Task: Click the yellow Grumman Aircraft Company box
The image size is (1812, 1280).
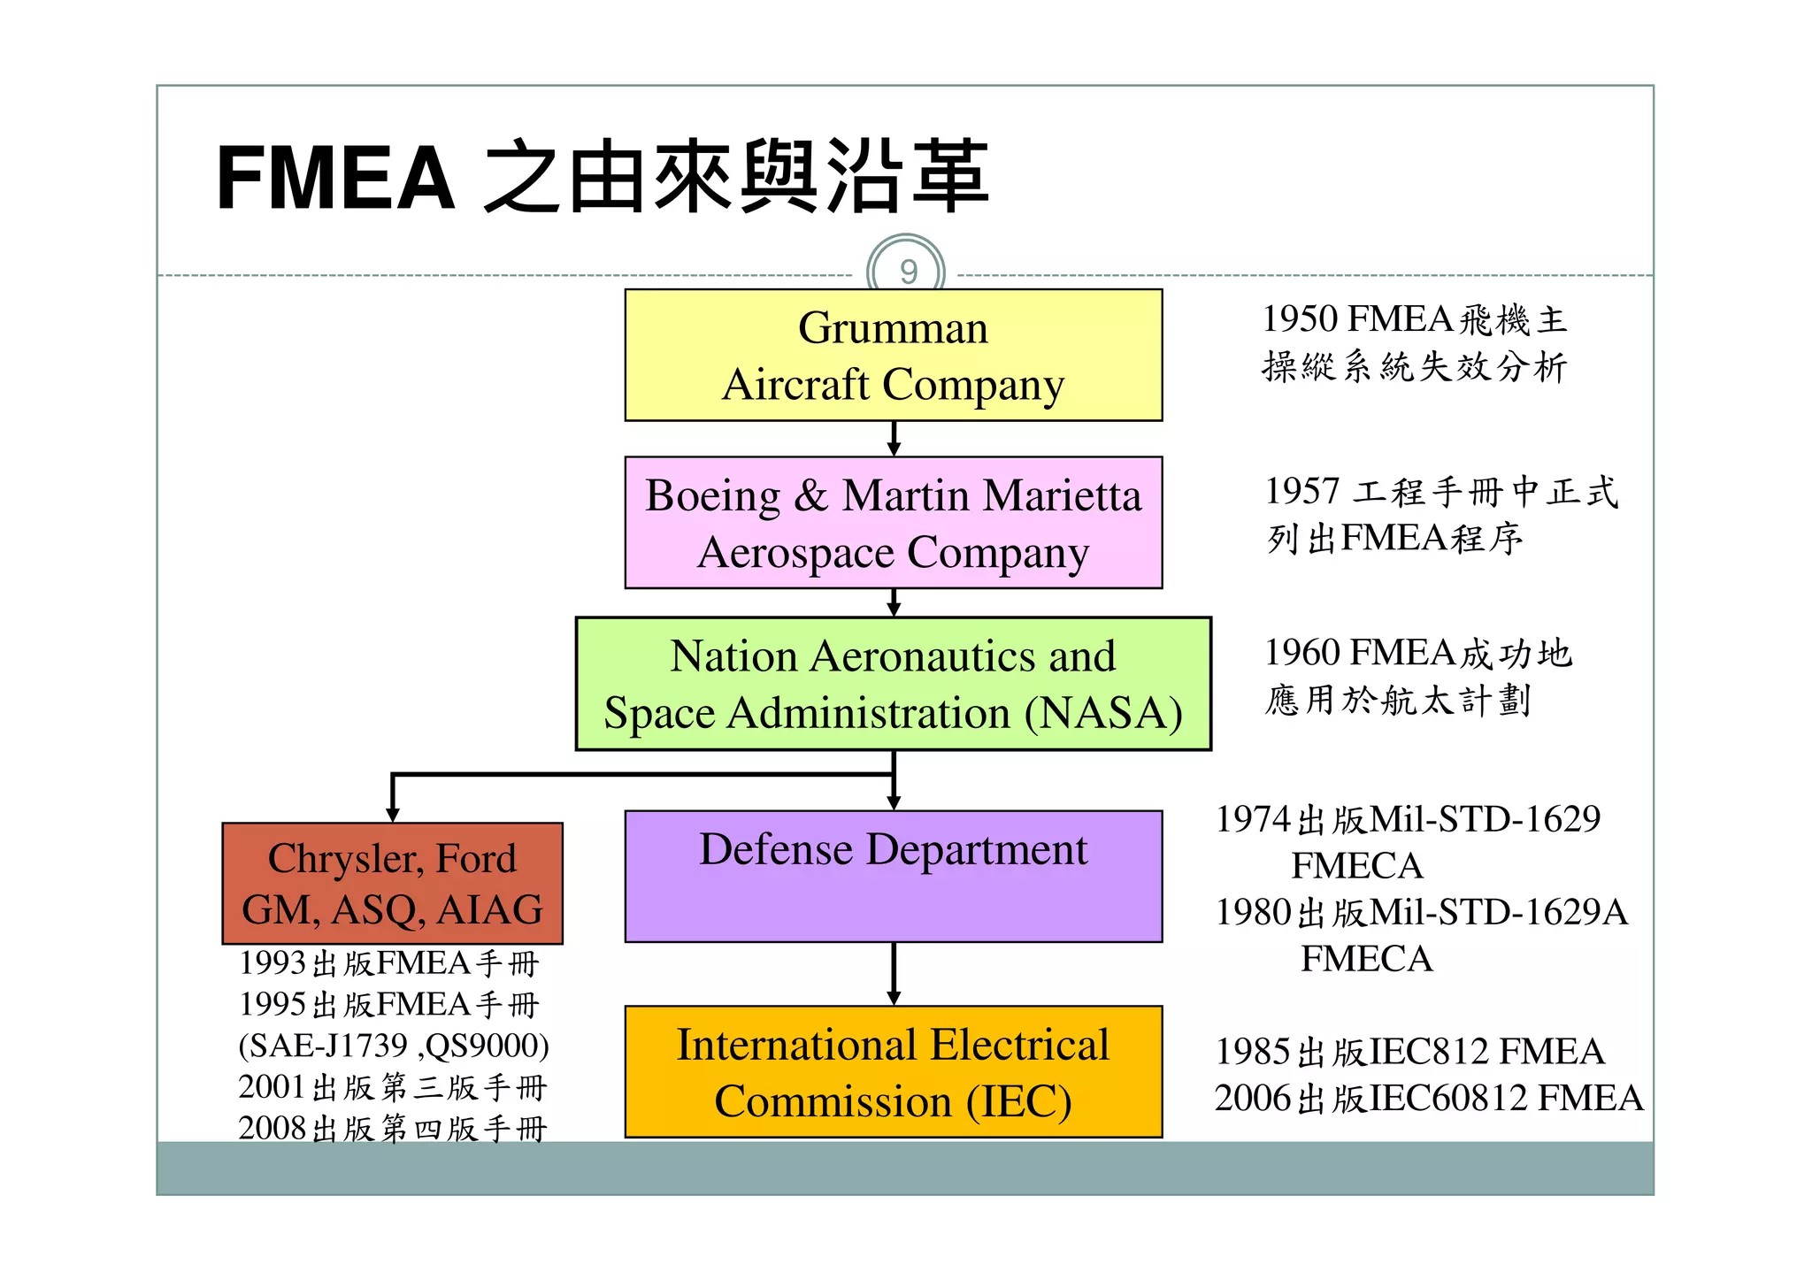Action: coord(893,355)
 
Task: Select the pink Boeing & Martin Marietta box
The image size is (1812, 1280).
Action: coord(893,522)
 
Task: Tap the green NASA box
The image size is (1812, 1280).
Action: coord(893,684)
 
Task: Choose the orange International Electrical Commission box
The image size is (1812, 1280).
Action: coord(893,1071)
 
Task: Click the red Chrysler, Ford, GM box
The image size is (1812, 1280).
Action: coord(392,883)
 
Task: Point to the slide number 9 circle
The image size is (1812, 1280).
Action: coord(906,271)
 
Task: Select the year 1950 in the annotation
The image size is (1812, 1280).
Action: coord(1300,319)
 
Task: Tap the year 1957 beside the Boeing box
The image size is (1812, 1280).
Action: coord(1302,491)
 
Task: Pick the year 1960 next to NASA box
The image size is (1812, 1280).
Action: coord(1302,653)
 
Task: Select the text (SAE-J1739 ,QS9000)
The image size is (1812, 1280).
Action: coord(394,1046)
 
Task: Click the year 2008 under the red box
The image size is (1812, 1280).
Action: coord(272,1128)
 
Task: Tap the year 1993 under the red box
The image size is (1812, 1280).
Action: coord(273,962)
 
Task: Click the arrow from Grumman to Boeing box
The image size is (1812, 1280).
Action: coord(894,439)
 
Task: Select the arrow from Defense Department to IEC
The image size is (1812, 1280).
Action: coord(894,973)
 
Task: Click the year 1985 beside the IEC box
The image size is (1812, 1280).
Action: coord(1253,1052)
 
